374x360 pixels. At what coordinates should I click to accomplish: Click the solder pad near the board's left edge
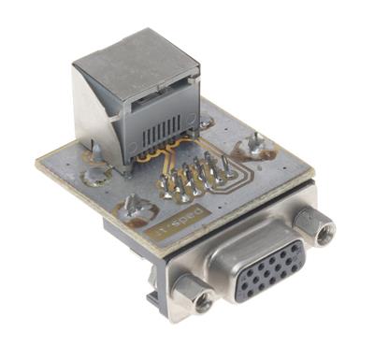coord(93,174)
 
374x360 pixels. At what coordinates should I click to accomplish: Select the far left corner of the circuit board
coord(38,163)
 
